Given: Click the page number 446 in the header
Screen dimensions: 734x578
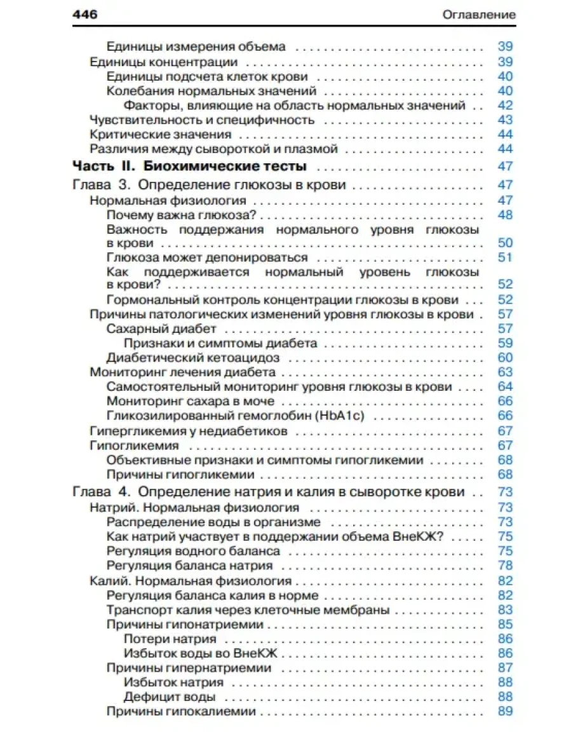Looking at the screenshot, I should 85,15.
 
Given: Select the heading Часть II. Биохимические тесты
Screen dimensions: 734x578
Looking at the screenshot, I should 190,167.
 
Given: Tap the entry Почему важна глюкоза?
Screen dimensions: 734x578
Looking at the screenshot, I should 181,215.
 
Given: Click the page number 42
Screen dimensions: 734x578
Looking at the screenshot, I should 505,105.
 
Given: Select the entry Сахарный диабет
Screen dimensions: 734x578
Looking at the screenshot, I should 161,329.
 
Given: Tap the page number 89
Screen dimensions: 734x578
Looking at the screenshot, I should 505,711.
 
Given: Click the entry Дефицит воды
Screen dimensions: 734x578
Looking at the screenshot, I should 164,697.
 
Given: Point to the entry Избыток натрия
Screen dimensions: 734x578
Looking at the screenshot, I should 173,682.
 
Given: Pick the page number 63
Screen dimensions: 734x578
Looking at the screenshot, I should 505,372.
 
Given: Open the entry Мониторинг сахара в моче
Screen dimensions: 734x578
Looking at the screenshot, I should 191,401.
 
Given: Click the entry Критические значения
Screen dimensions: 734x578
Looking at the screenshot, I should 160,135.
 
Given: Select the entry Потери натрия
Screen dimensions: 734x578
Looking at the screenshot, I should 170,639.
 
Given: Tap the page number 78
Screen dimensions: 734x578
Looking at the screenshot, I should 505,565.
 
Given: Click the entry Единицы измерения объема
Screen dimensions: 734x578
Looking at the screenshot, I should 196,46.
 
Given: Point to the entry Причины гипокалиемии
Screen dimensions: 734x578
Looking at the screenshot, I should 181,711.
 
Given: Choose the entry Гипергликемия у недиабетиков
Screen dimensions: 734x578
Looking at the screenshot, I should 189,431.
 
